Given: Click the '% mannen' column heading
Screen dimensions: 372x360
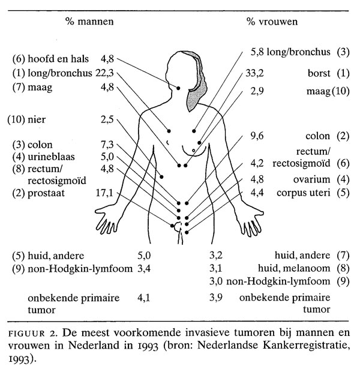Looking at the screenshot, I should tap(90, 22).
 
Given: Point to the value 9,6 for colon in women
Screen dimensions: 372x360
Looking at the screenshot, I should tap(256, 136).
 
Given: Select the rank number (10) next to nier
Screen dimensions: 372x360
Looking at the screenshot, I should tap(15, 118).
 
